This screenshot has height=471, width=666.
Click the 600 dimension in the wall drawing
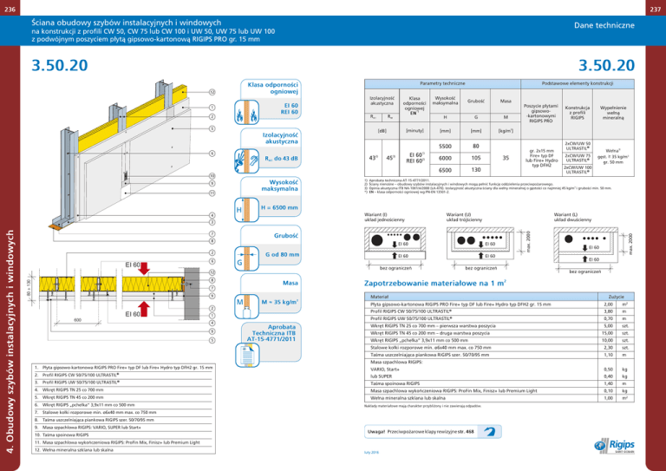pos(54,319)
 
